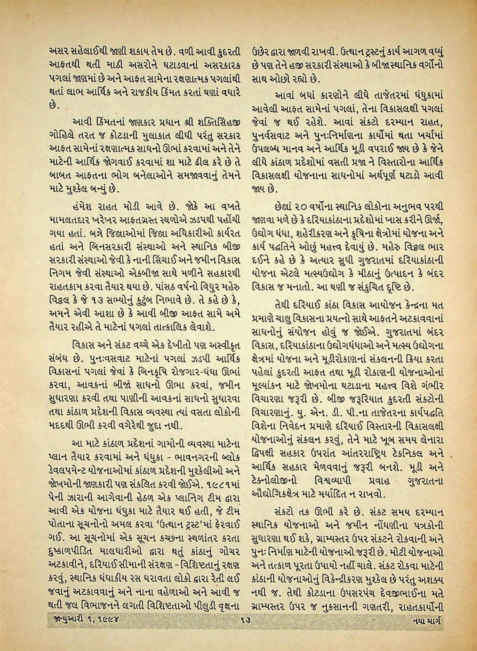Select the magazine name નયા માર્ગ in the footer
click(426, 619)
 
